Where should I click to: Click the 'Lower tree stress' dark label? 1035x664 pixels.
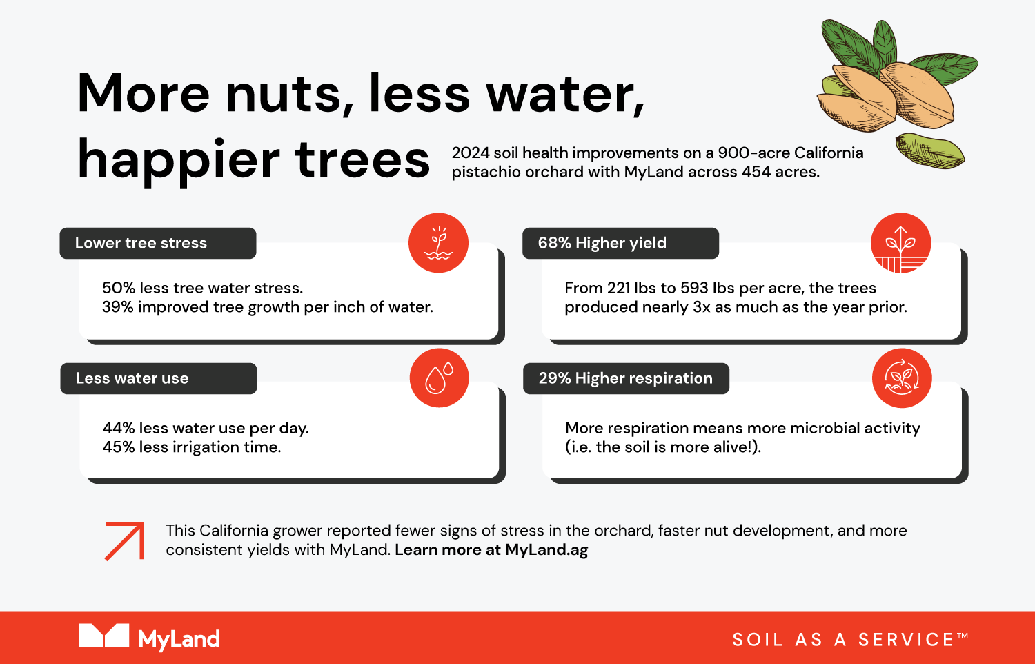[158, 243]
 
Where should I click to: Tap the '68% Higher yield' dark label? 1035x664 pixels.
[620, 243]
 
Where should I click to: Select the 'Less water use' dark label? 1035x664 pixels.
[159, 378]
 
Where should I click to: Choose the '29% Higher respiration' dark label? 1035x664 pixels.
[626, 378]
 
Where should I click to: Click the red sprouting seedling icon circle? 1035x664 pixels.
[438, 242]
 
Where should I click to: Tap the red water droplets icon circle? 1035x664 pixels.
[440, 378]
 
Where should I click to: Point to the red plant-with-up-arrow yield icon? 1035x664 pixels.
[901, 242]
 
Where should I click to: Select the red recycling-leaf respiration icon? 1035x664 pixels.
[902, 378]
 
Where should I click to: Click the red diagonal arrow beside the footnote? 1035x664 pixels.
[125, 540]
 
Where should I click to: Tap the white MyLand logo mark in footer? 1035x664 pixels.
[103, 635]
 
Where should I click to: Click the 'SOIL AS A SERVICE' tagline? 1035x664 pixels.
[850, 640]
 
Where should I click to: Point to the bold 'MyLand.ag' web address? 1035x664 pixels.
[546, 550]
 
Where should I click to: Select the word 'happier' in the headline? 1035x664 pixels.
[179, 160]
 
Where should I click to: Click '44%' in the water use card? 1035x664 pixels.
[118, 428]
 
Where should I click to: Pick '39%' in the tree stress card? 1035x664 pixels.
[118, 307]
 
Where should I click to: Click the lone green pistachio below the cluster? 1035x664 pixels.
[929, 151]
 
